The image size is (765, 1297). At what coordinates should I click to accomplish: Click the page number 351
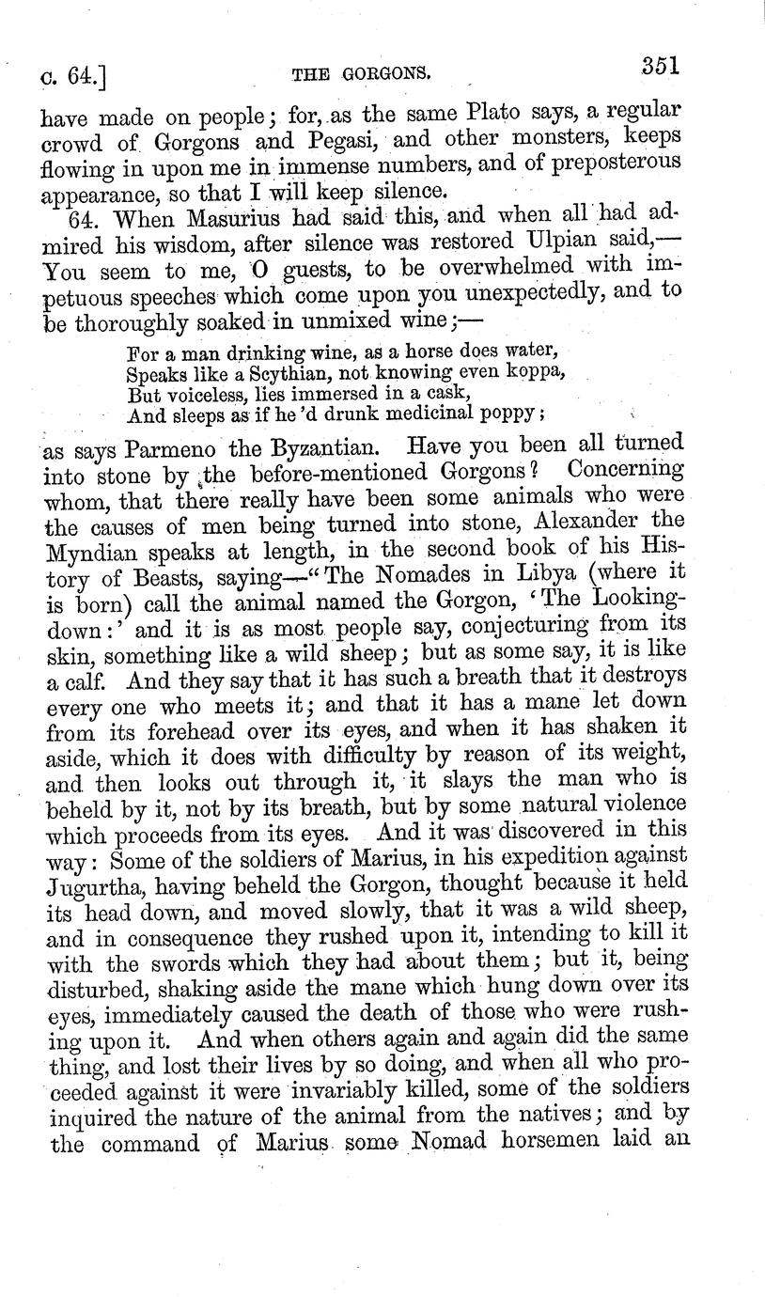click(661, 67)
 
